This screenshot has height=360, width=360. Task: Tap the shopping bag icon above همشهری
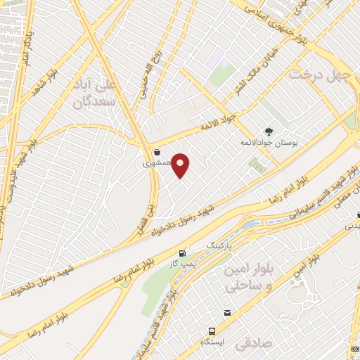[156, 151]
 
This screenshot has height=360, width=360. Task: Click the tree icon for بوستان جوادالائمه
[269, 131]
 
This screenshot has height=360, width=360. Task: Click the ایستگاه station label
[211, 342]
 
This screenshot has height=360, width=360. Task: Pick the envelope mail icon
[227, 312]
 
